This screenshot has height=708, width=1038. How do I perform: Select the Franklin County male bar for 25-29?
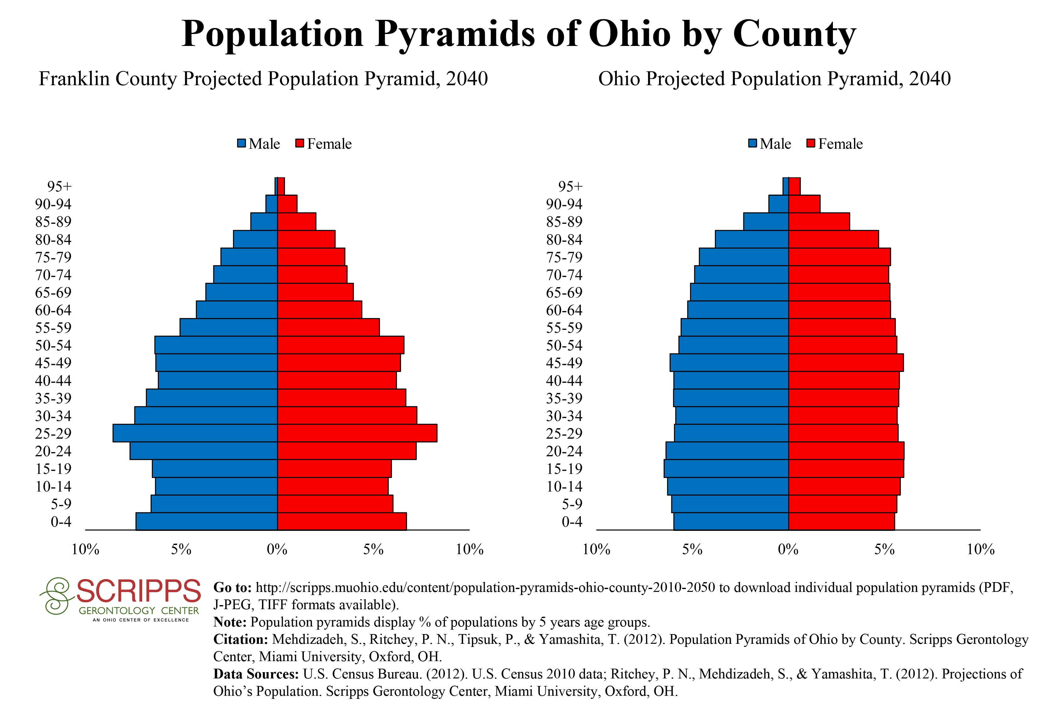195,433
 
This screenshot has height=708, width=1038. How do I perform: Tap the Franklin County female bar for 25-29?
357,433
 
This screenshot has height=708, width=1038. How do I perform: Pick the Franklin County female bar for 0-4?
342,521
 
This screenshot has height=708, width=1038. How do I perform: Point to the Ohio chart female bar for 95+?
794,186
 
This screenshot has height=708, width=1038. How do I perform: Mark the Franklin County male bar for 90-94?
271,204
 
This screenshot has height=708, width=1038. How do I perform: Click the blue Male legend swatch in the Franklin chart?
242,144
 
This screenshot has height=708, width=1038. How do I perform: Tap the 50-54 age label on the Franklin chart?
53,345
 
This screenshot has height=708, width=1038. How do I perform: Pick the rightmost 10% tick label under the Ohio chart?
980,549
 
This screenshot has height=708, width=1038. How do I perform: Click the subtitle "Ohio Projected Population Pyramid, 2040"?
774,79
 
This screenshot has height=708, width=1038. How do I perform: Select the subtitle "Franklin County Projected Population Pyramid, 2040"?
263,79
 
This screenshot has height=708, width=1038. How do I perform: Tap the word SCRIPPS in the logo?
138,591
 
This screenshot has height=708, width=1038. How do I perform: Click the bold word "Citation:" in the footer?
241,639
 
